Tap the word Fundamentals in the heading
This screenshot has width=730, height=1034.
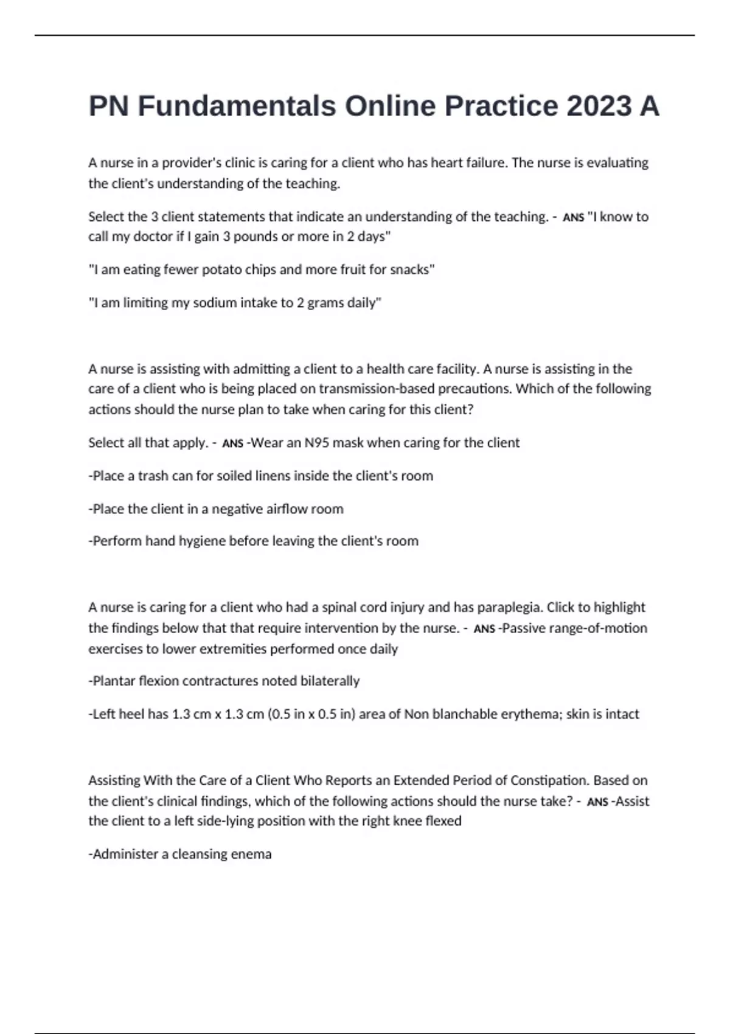point(237,106)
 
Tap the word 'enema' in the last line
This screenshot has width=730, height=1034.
point(252,854)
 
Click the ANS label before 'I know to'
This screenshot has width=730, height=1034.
point(573,218)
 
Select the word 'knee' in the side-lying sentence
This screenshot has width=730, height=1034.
point(407,821)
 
